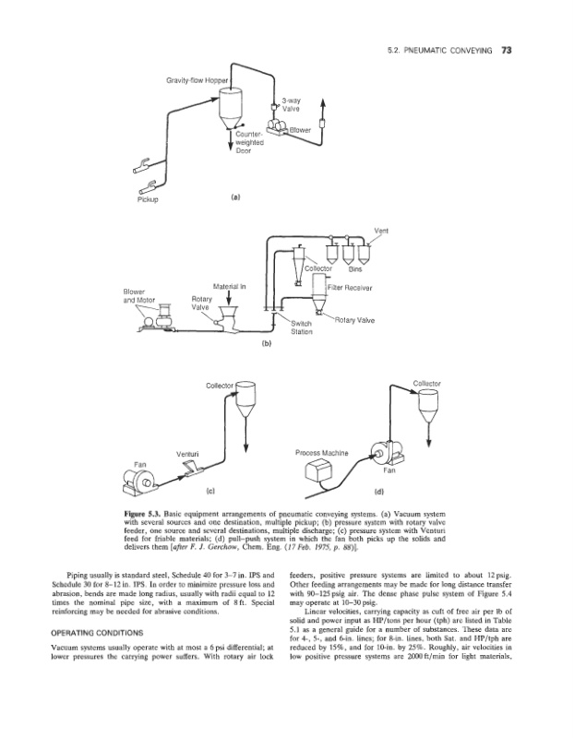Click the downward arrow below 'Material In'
[x=228, y=304]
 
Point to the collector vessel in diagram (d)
[x=425, y=403]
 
